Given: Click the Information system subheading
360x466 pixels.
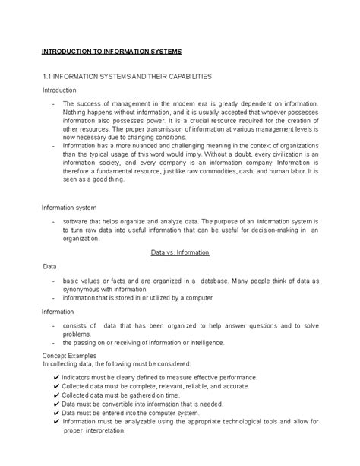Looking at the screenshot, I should coord(68,206).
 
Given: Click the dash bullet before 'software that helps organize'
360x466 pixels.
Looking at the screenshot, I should coord(52,220).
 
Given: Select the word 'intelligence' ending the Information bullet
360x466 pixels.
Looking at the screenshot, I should coord(203,342).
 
